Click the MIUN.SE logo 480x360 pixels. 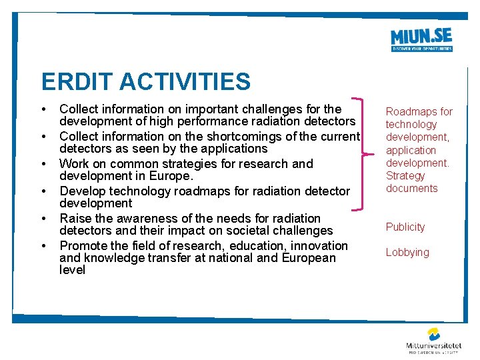pyautogui.click(x=421, y=39)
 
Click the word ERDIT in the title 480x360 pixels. pyautogui.click(x=75, y=82)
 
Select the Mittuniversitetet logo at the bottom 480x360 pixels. pyautogui.click(x=434, y=340)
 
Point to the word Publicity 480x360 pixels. pyautogui.click(x=405, y=227)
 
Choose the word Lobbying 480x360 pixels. pyautogui.click(x=407, y=252)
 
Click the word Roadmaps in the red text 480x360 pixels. pyautogui.click(x=407, y=111)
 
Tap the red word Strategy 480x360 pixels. pyautogui.click(x=405, y=175)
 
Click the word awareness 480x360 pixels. pyautogui.click(x=147, y=218)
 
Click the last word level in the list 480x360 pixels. pyautogui.click(x=72, y=270)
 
